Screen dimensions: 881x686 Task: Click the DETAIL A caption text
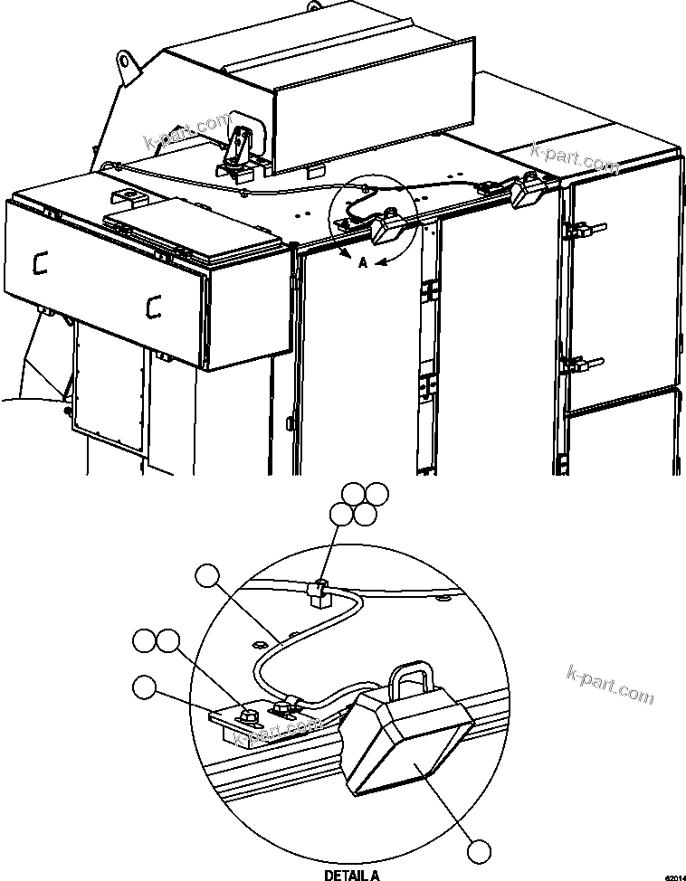tap(352, 875)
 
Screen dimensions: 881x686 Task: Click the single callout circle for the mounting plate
tap(143, 687)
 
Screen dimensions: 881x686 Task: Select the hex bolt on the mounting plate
tap(247, 715)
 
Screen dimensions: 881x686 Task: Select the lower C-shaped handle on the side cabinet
tap(151, 307)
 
